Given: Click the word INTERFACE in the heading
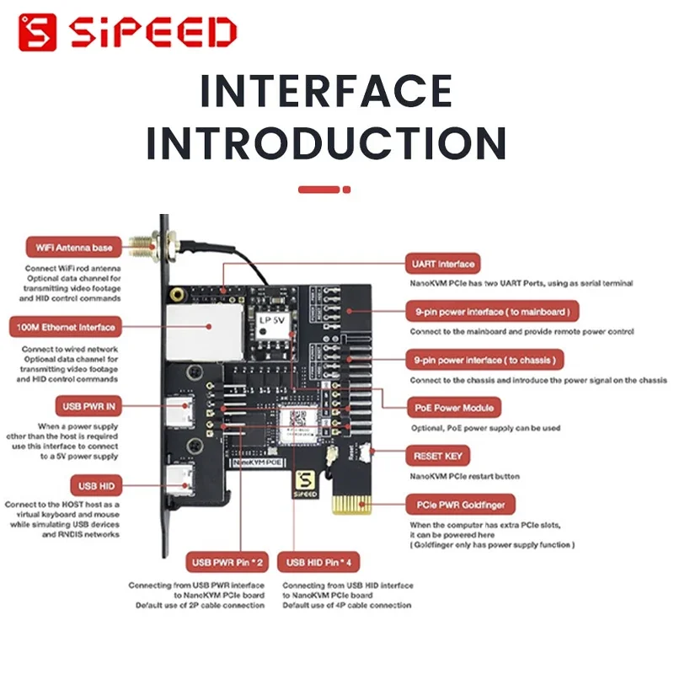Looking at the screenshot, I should coord(325,91).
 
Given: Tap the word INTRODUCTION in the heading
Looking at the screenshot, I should coord(325,142).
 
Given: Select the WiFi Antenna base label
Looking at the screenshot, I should coord(73,247).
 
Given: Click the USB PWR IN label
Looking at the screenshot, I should coord(88,405).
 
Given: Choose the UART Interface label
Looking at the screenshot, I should coord(442,264).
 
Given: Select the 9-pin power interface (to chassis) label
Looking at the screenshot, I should coord(484,360).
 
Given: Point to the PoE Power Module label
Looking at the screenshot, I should coord(454,408).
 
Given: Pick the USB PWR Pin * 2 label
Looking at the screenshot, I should coord(227,562).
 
